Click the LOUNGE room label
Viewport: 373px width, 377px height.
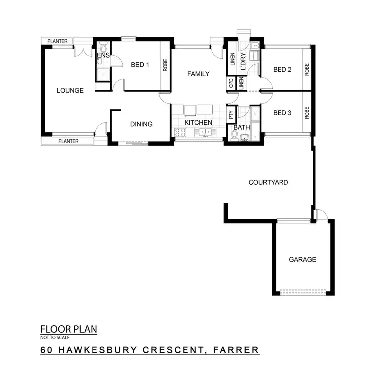point(70,90)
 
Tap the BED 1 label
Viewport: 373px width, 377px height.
point(140,65)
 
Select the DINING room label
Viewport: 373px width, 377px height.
point(141,124)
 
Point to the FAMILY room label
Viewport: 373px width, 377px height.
point(198,74)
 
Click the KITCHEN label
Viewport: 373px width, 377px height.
point(198,123)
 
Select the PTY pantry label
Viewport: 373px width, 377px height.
point(231,114)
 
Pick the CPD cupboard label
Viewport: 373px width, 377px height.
point(231,84)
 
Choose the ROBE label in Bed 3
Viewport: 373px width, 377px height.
point(307,113)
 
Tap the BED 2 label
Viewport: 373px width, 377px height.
point(282,70)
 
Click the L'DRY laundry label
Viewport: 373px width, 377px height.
point(243,63)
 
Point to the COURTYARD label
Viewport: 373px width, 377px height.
point(268,183)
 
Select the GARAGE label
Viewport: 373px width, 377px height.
point(302,260)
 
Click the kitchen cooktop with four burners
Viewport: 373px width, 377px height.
point(180,132)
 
